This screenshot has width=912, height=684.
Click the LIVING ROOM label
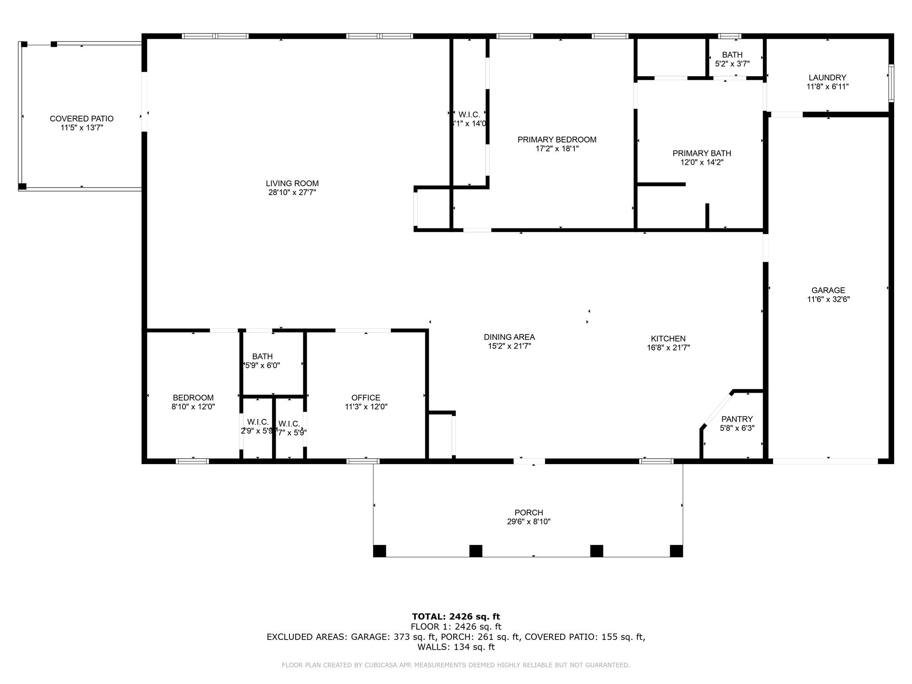pos(292,183)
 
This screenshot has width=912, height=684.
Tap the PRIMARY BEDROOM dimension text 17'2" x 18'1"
pos(557,149)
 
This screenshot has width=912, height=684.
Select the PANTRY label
pos(737,419)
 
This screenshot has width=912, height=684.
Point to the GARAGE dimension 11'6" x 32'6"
pos(828,299)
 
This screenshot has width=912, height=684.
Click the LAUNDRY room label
pos(827,77)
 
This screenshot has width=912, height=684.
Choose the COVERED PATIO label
pos(81,118)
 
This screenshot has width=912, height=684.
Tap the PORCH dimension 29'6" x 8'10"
pos(529,521)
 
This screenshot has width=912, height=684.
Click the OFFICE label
pos(366,398)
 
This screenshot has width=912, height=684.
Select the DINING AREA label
pos(509,337)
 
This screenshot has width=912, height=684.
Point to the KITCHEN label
pos(668,338)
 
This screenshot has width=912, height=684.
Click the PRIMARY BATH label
pos(701,153)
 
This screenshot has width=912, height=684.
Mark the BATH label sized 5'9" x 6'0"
pos(262,356)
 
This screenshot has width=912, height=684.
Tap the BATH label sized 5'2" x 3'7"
pos(732,55)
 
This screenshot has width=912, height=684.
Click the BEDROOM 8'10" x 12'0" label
pos(193,398)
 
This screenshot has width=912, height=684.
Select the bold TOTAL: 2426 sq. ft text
pos(456,616)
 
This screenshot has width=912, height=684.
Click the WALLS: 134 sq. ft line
pos(456,647)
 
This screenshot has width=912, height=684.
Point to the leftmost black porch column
pos(379,551)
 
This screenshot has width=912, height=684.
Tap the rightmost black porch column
pos(676,551)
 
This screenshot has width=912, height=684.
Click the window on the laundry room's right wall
pos(891,83)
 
